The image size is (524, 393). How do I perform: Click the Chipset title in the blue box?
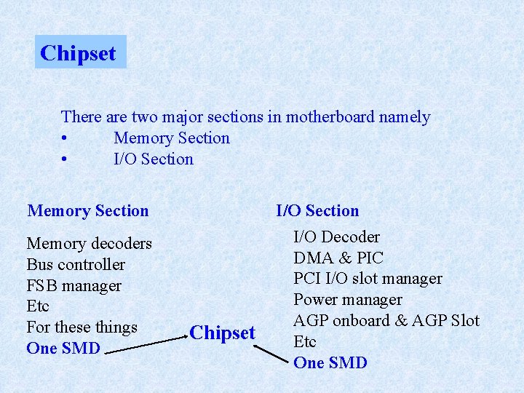click(79, 53)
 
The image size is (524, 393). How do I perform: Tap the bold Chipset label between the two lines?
click(222, 333)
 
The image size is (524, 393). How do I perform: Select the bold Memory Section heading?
click(88, 211)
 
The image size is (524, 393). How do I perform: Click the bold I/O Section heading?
click(317, 211)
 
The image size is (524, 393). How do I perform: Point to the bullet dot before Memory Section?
click(65, 139)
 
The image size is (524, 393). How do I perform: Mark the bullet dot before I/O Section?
click(65, 160)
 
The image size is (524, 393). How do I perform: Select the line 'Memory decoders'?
click(89, 243)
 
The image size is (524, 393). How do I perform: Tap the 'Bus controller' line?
click(76, 264)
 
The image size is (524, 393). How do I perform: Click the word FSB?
click(41, 285)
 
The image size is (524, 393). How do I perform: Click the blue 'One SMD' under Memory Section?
click(63, 348)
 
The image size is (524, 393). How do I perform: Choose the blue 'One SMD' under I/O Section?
click(330, 362)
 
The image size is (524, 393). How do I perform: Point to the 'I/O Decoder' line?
click(336, 237)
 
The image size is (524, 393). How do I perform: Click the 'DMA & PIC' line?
click(338, 258)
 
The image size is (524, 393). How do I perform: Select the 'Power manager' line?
click(347, 299)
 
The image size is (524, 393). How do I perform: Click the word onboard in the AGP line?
click(358, 320)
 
